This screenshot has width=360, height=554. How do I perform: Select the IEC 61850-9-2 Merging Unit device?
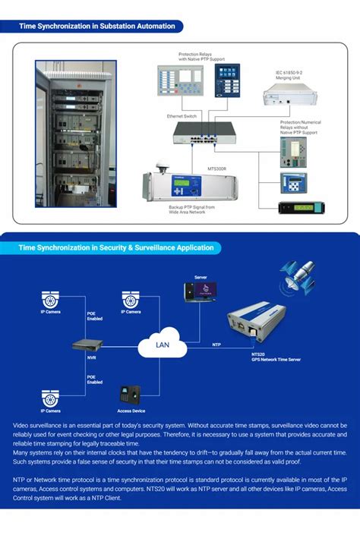point(291,95)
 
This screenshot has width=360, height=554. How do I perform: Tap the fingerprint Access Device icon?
point(128,395)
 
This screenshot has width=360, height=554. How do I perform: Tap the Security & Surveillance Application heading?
point(117,247)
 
